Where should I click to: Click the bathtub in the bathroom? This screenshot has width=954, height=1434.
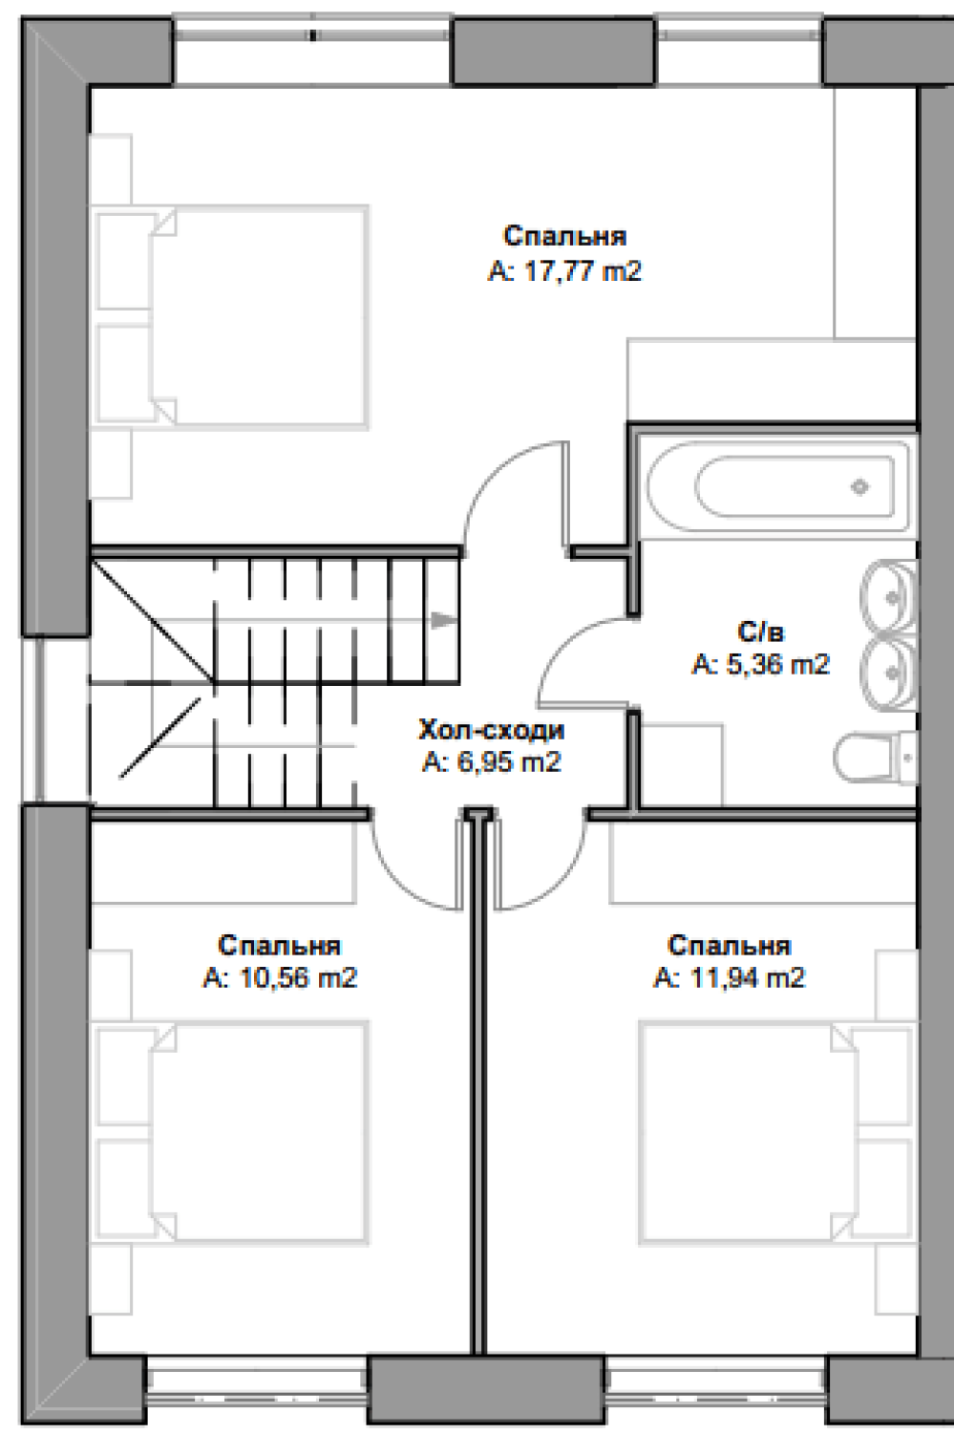click(x=777, y=486)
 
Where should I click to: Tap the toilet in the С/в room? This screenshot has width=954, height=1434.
click(x=876, y=758)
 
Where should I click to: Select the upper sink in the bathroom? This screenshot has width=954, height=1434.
click(x=889, y=596)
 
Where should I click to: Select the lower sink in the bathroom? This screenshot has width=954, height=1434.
click(x=889, y=673)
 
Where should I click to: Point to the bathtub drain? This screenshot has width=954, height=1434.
click(x=859, y=487)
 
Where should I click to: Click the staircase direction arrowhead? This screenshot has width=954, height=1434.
click(x=444, y=620)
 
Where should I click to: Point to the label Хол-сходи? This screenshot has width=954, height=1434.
click(x=492, y=729)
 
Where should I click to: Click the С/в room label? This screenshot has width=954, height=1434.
click(x=761, y=631)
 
